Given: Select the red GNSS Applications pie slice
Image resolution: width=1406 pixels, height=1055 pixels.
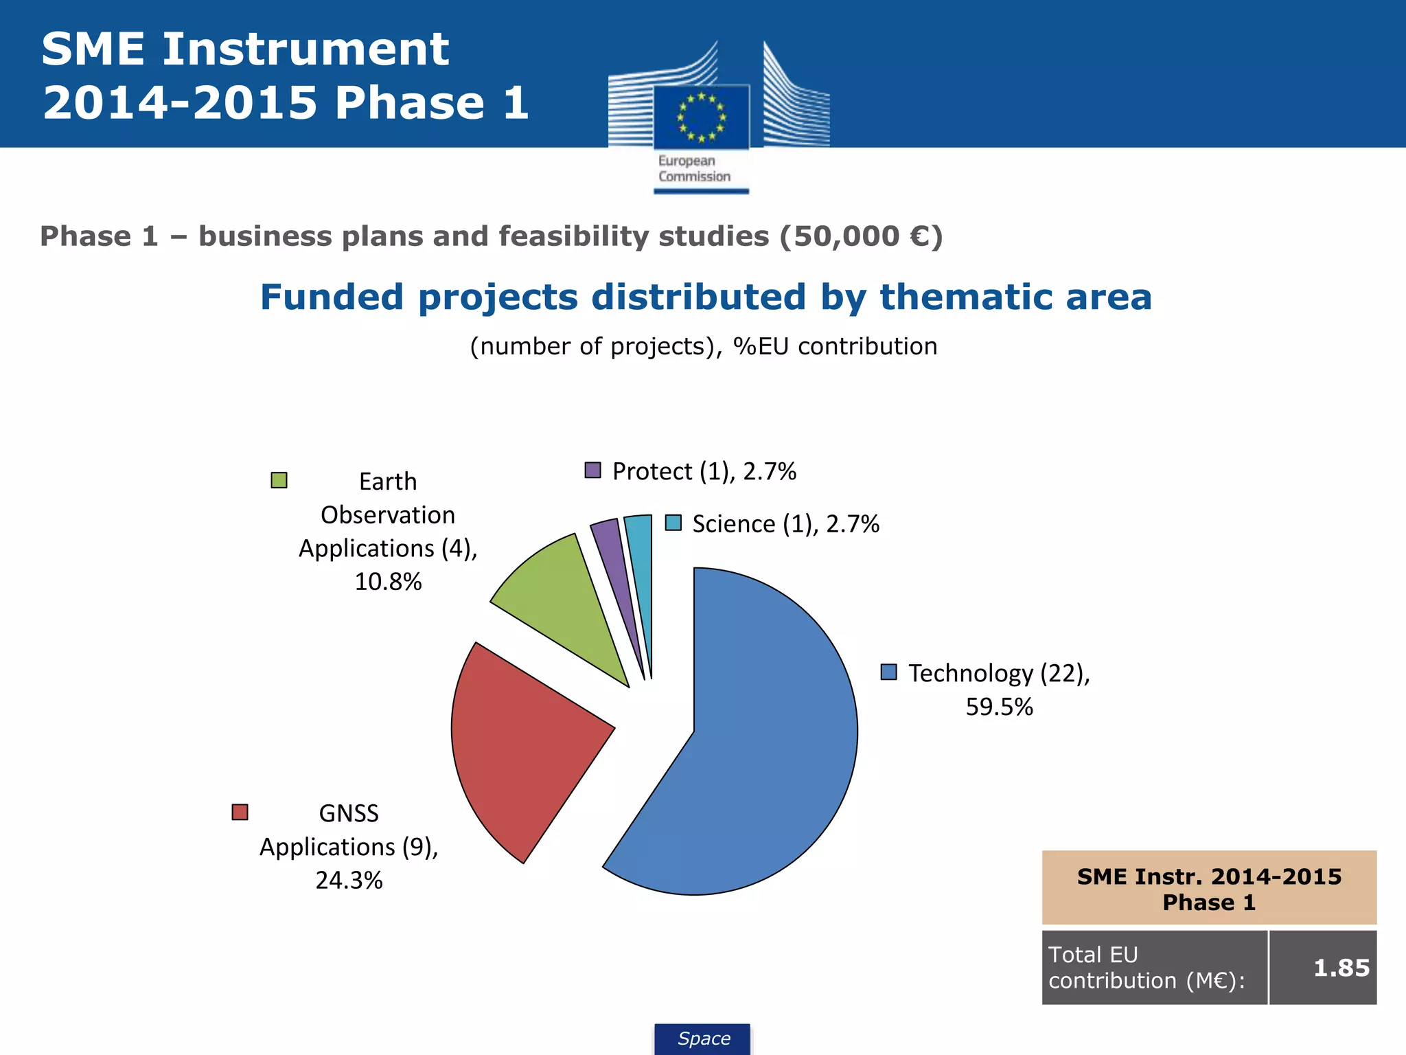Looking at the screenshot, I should pos(522,742).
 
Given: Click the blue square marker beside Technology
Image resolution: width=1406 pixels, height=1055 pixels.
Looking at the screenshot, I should pos(888,672).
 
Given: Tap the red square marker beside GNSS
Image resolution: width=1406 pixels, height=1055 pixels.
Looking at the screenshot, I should pos(240,812).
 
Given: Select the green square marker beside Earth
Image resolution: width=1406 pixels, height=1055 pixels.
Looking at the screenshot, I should pos(279,480).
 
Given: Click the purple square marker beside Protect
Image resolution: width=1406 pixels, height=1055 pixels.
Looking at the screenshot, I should pos(592,470).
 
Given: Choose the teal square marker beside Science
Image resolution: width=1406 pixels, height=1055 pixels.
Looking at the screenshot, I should pos(673,523).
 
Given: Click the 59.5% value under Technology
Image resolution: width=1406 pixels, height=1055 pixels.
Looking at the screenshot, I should pos(999,707).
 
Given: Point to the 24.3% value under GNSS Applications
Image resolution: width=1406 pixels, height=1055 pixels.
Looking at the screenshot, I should pos(349,880).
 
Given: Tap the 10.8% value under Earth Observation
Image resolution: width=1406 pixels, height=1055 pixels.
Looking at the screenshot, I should pos(388,582).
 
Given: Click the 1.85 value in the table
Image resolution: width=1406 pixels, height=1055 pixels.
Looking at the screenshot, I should pos(1341,968).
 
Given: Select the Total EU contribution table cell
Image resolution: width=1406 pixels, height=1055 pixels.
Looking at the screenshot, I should pos(1153,968).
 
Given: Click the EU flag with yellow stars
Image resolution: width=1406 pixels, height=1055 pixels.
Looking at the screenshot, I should pos(701,117).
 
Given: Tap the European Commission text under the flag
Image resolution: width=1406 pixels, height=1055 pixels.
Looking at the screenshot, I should pos(694,169).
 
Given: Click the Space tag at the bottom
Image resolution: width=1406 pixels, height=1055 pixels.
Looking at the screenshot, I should pos(703,1039).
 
